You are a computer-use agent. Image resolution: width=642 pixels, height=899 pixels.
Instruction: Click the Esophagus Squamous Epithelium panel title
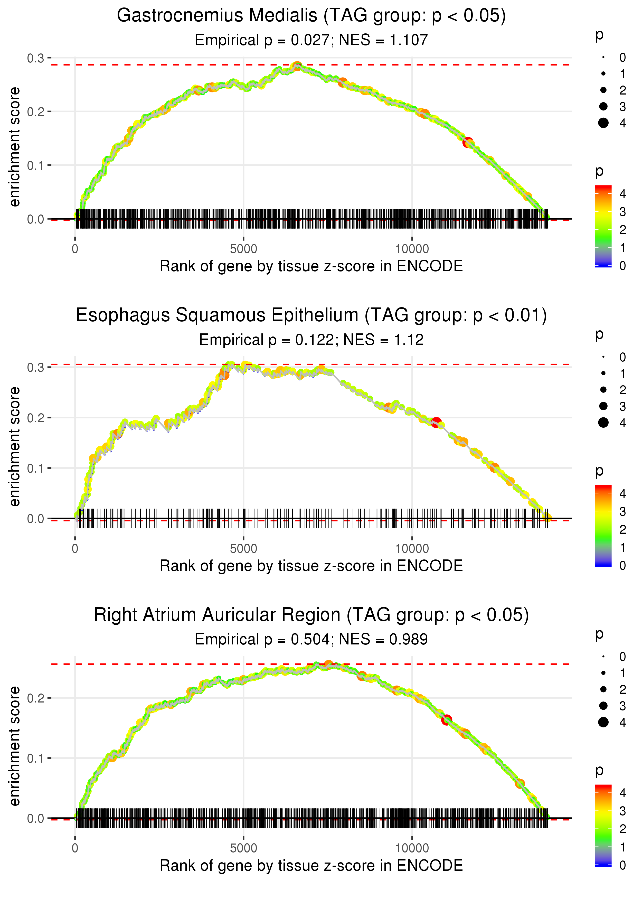click(x=311, y=315)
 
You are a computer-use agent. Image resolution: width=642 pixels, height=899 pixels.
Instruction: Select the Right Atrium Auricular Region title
click(x=311, y=615)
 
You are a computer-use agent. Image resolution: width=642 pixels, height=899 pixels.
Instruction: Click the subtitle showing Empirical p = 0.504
click(x=311, y=639)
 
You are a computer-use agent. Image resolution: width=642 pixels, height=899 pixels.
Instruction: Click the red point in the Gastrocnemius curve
click(x=468, y=142)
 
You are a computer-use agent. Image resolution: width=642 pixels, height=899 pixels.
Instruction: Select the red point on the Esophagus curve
click(x=437, y=422)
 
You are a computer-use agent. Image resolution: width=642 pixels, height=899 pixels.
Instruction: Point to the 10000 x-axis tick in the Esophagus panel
click(x=412, y=549)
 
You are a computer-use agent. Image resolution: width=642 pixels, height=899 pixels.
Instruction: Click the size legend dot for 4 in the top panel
click(x=603, y=123)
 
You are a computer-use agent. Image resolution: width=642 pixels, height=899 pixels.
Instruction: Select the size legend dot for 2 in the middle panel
click(x=603, y=390)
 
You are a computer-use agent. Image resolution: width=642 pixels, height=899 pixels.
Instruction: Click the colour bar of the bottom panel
click(x=603, y=825)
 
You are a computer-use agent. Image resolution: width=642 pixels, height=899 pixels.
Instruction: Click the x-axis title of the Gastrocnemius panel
click(x=311, y=266)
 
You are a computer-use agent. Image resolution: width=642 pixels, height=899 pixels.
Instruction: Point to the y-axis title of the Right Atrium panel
click(x=15, y=746)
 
